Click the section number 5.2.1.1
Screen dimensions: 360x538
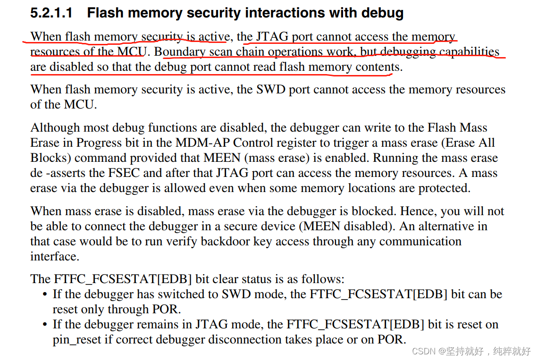pos(51,13)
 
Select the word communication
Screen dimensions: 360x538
pos(420,242)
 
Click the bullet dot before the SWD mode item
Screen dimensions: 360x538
pos(45,295)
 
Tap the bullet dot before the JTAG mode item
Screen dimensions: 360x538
pos(45,325)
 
